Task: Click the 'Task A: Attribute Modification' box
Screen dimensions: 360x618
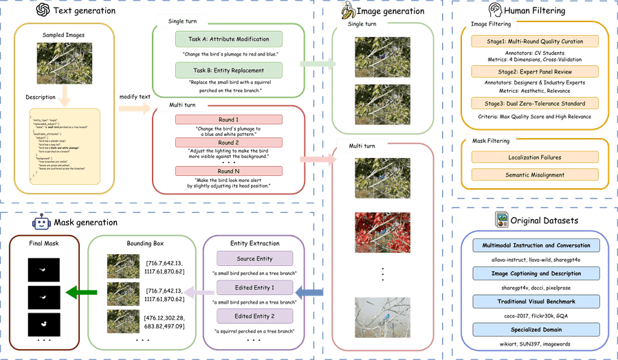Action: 228,39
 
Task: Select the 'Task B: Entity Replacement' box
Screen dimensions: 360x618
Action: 228,69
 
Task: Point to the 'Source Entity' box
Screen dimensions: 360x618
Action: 254,258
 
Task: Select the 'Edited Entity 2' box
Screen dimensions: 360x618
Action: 254,316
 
